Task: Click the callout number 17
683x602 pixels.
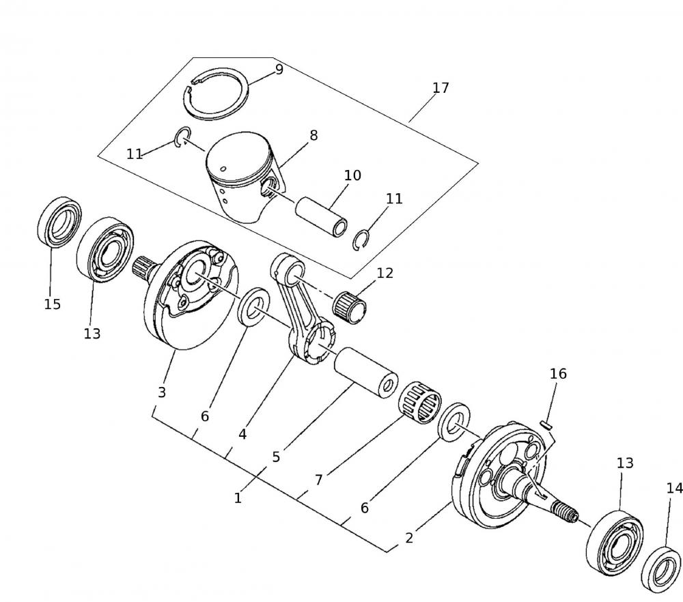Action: pyautogui.click(x=441, y=88)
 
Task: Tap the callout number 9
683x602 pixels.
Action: pyautogui.click(x=279, y=70)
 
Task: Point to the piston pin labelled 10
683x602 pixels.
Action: pyautogui.click(x=322, y=217)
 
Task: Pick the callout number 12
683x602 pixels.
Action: pyautogui.click(x=385, y=273)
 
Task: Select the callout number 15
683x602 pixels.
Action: pyautogui.click(x=53, y=304)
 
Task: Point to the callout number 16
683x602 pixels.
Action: pyautogui.click(x=558, y=373)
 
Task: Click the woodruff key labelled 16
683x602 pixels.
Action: pyautogui.click(x=545, y=425)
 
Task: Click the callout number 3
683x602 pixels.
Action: pyautogui.click(x=162, y=392)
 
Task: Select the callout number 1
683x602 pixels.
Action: pyautogui.click(x=238, y=498)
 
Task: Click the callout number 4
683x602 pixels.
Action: pyautogui.click(x=242, y=433)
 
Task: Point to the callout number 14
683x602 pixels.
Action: pyautogui.click(x=674, y=488)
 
